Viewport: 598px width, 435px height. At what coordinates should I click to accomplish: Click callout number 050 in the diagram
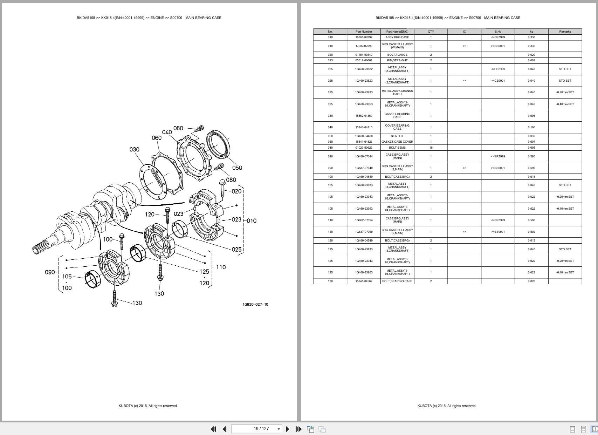(x=237, y=168)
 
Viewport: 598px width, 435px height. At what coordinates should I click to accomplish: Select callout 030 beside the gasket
(x=134, y=150)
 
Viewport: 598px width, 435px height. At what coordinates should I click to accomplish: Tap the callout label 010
(x=252, y=220)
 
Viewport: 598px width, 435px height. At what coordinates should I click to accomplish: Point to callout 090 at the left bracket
(x=50, y=272)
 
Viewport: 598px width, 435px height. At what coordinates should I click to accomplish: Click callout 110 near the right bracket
(x=221, y=267)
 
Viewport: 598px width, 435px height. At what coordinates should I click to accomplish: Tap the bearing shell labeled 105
(x=93, y=279)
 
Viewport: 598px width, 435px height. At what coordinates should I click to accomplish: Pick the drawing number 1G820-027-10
(x=255, y=304)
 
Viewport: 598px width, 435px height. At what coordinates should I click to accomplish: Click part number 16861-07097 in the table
(x=364, y=37)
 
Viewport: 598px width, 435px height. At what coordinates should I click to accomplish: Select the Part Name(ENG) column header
(x=397, y=32)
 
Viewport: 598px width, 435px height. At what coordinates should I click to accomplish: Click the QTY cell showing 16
(x=431, y=148)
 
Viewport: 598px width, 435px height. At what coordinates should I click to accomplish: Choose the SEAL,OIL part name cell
(x=397, y=136)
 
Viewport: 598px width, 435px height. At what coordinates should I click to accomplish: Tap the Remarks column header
(x=565, y=32)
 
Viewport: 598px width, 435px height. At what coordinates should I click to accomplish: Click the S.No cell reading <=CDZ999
(x=497, y=69)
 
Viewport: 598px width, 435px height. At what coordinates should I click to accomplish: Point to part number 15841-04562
(x=364, y=281)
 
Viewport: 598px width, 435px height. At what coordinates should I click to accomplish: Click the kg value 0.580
(x=531, y=156)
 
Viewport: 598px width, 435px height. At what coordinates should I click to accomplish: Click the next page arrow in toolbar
(x=288, y=429)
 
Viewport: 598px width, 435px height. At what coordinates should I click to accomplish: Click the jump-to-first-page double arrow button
(x=213, y=429)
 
